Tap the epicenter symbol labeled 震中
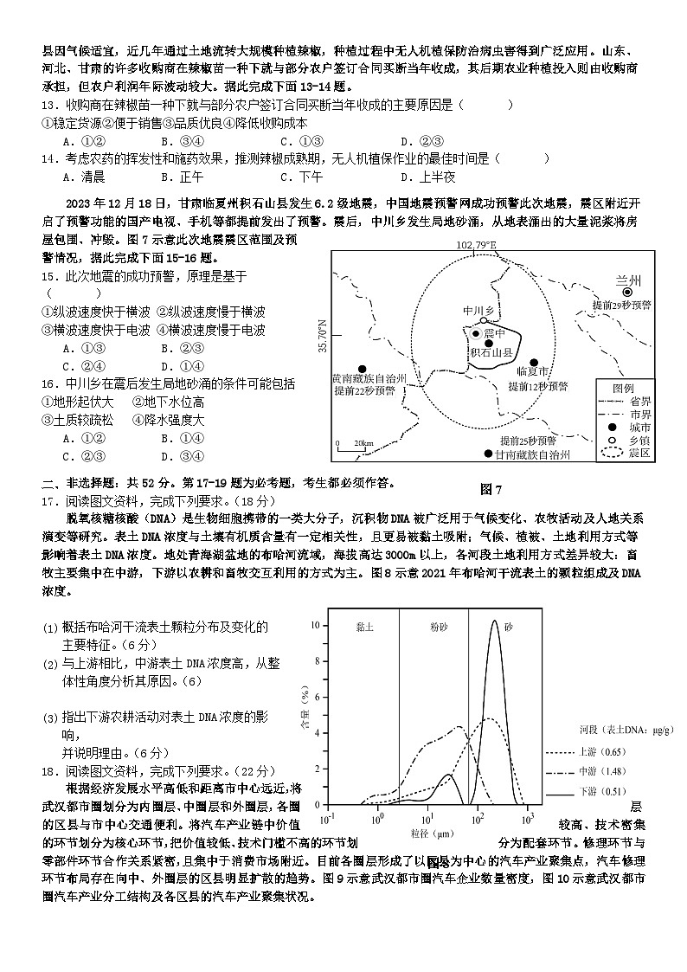click(475, 333)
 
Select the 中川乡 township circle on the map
click(484, 320)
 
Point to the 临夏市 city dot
click(535, 363)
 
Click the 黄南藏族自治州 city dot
click(363, 368)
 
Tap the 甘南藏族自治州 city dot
click(488, 454)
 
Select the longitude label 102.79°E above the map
click(477, 246)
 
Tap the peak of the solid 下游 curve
click(495, 621)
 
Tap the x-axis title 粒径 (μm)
click(428, 834)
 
